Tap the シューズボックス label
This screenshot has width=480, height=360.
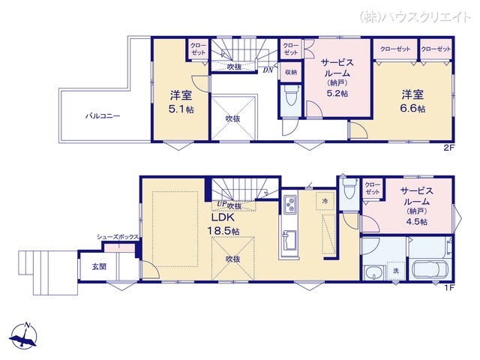pyautogui.click(x=117, y=237)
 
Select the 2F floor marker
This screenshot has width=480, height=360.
pyautogui.click(x=449, y=148)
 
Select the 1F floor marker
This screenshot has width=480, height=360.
pyautogui.click(x=449, y=288)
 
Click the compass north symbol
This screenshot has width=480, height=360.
pyautogui.click(x=25, y=336)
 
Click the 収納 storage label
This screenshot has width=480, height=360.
pyautogui.click(x=291, y=72)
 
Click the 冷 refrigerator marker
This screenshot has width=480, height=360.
pyautogui.click(x=324, y=202)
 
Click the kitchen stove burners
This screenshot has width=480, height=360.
pyautogui.click(x=290, y=205)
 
